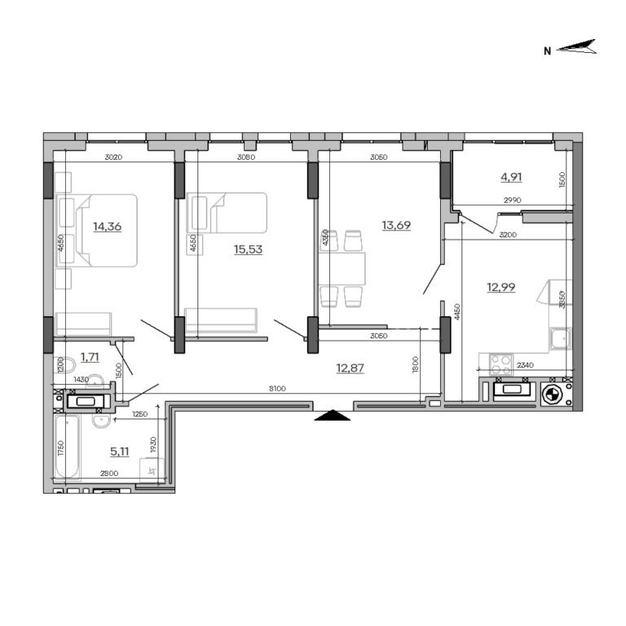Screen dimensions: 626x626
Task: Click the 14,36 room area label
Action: click(107, 227)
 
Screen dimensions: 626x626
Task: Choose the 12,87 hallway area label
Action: click(350, 368)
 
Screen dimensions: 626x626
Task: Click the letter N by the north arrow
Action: click(549, 51)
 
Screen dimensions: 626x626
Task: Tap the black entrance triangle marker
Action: click(332, 417)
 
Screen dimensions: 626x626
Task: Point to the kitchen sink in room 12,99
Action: click(560, 338)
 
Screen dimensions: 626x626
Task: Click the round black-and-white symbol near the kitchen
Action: click(552, 396)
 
